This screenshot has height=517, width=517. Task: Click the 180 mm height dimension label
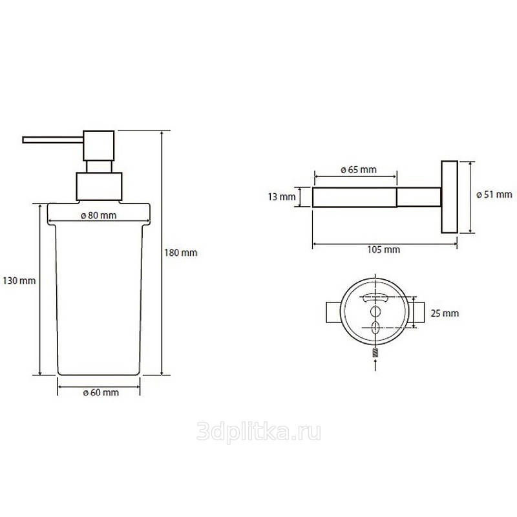click(x=181, y=253)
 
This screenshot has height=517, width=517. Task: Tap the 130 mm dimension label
click(x=19, y=280)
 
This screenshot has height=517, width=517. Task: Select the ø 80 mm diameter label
click(x=99, y=216)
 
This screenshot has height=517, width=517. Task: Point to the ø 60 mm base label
click(x=101, y=392)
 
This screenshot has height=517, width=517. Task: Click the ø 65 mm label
click(x=359, y=169)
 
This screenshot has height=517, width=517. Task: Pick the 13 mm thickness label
click(x=282, y=197)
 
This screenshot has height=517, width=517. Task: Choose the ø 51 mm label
click(x=494, y=195)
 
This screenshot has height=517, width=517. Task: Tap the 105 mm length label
click(x=384, y=249)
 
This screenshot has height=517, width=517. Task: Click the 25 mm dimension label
click(x=445, y=313)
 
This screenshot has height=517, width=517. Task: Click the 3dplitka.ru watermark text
click(x=259, y=432)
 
